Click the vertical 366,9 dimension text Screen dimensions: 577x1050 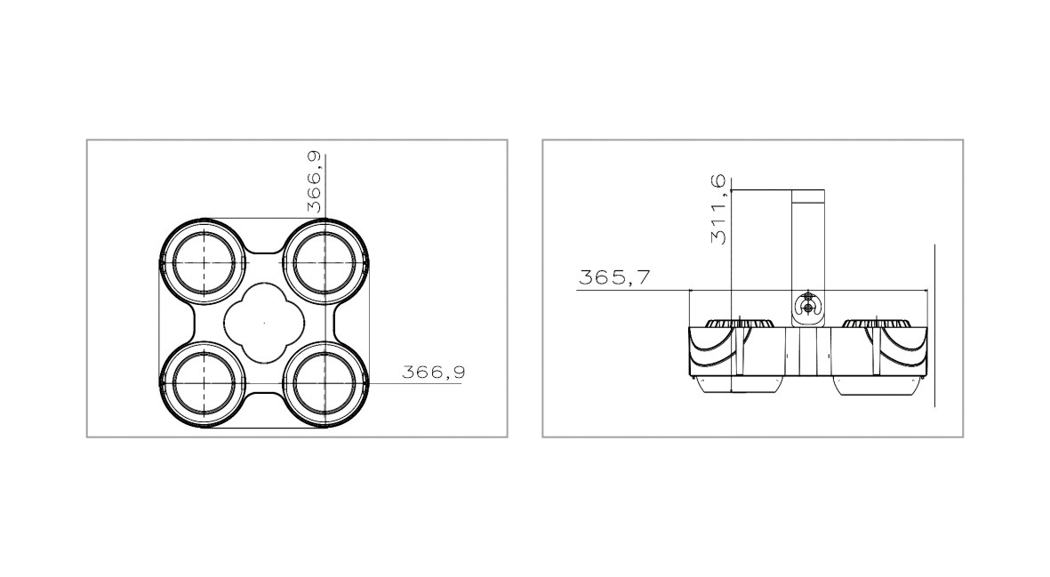[315, 181]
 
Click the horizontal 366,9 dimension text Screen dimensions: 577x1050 [433, 372]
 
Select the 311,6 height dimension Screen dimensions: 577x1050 [719, 211]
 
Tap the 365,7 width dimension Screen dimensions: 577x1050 [613, 277]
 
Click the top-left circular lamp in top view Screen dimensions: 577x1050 [206, 264]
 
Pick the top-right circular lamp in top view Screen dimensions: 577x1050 [325, 264]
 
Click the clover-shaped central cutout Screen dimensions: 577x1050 [265, 324]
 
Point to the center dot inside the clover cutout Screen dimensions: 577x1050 [265, 323]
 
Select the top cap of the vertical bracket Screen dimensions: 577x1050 [809, 196]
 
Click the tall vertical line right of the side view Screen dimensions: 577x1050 [935, 325]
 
